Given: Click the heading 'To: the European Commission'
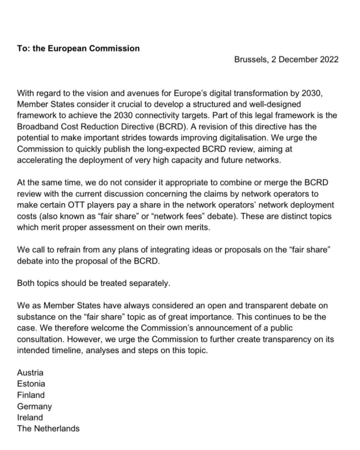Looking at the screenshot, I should click(x=78, y=48).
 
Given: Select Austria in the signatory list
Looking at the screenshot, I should click(x=30, y=373).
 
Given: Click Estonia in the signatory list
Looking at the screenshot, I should click(x=31, y=384).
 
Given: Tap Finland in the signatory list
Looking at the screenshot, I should click(x=31, y=395).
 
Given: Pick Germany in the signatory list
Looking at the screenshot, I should click(x=34, y=406).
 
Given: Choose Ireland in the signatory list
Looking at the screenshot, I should click(x=30, y=417).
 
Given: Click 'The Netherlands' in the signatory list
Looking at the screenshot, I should click(x=48, y=428).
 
